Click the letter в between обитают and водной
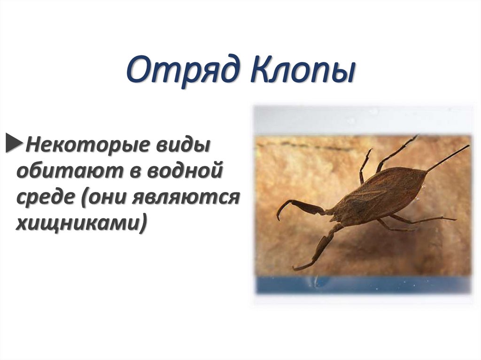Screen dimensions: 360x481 click(x=135, y=171)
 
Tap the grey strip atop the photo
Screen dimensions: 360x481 click(x=362, y=119)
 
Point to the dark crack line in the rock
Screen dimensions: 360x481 click(x=305, y=146)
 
